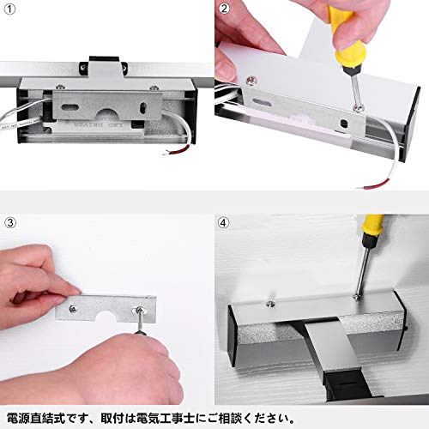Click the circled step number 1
pos(10,9)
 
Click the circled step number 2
pos(224,9)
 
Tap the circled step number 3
pos(10,222)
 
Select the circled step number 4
pos(223,222)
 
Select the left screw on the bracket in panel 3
pos(72,308)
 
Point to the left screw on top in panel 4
pos(269,303)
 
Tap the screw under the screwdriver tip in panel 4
pos(358,298)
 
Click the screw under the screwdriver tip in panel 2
pos(357,108)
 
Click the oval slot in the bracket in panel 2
pos(260,102)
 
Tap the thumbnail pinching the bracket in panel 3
pos(74,292)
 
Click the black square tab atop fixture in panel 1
pos(104,59)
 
